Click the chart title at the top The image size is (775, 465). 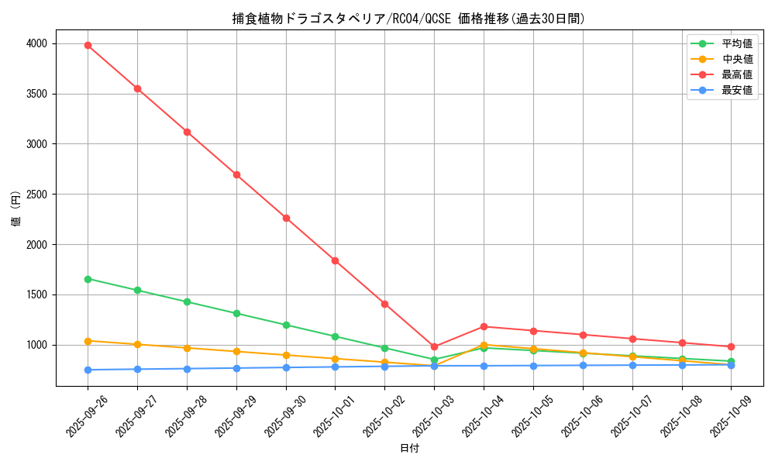(x=408, y=19)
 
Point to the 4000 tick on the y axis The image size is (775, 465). (x=36, y=43)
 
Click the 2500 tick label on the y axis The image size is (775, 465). (x=36, y=195)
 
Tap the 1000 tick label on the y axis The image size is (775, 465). (x=36, y=345)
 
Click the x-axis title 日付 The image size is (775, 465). (x=409, y=449)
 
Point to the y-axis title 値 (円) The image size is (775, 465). (x=16, y=210)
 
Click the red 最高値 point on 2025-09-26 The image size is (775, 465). (x=88, y=45)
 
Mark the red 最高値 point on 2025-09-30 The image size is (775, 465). (x=286, y=218)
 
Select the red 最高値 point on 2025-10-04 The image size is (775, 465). (x=484, y=326)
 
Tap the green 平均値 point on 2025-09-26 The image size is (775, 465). (x=88, y=279)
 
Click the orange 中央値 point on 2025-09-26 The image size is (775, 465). (x=88, y=341)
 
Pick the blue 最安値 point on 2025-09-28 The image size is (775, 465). (x=187, y=369)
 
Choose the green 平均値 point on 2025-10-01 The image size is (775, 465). (x=336, y=336)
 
